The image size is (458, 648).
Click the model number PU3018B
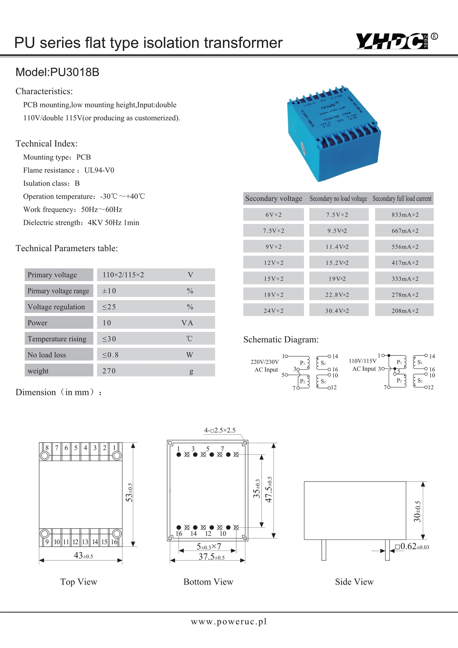tap(75, 72)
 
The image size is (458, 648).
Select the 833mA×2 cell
tap(405, 215)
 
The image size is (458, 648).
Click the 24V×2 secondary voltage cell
tap(273, 311)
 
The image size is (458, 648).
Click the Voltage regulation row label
tap(56, 307)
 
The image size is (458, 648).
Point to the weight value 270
tap(109, 371)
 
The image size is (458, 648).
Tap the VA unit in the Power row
tap(187, 323)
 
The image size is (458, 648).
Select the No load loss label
tap(47, 355)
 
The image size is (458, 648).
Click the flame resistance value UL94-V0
tap(99, 170)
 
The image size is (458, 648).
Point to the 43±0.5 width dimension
tap(83, 556)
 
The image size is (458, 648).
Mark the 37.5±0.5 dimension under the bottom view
tap(211, 557)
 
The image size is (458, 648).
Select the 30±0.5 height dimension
tap(418, 511)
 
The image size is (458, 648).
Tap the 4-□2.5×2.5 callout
tap(220, 430)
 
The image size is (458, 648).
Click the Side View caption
tap(354, 582)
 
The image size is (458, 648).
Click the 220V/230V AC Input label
tap(265, 366)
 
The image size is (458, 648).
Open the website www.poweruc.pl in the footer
tap(229, 622)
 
